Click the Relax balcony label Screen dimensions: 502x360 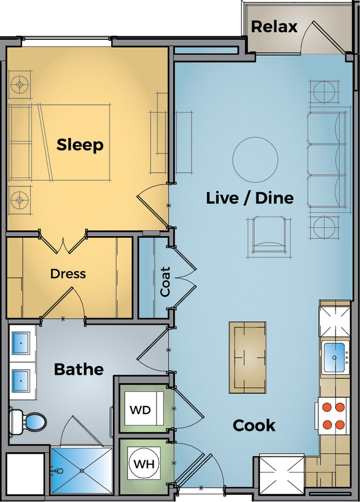point(274,27)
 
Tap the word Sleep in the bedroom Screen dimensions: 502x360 point(80,145)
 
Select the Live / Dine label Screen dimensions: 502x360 point(249,197)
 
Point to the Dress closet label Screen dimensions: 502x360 point(68,274)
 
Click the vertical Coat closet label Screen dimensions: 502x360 point(166,282)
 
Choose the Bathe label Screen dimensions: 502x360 point(79,369)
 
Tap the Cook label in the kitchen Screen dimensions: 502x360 point(254,425)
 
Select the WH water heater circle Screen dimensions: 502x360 point(142,463)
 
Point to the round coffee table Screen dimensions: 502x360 point(255,158)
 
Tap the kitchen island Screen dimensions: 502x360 point(248,357)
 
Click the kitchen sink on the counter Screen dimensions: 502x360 point(337,357)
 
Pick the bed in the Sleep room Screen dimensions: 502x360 point(71,143)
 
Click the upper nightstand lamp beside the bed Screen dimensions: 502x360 point(21,85)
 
